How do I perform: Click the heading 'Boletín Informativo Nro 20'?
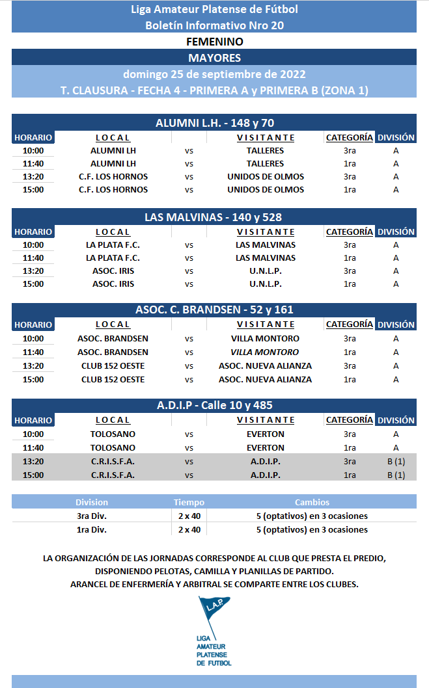[214, 25]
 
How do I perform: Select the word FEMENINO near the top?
[214, 42]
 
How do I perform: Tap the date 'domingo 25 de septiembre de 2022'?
[214, 73]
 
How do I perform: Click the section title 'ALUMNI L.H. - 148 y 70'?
[214, 123]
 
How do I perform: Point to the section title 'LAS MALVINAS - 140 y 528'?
[214, 217]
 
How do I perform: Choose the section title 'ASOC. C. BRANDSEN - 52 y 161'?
[214, 310]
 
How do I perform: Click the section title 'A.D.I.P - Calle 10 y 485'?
[214, 405]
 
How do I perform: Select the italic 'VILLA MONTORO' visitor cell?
[265, 352]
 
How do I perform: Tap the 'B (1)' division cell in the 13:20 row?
[396, 462]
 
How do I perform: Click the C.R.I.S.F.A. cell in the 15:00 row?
[113, 475]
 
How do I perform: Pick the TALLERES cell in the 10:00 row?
[265, 151]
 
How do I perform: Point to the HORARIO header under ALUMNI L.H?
[33, 138]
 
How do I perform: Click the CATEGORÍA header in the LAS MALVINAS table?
[350, 232]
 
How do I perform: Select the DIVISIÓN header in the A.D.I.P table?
[396, 420]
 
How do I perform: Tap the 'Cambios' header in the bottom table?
[312, 502]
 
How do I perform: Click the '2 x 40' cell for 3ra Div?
[189, 516]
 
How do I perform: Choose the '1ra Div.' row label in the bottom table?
[92, 530]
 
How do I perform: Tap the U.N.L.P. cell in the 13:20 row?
[265, 271]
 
